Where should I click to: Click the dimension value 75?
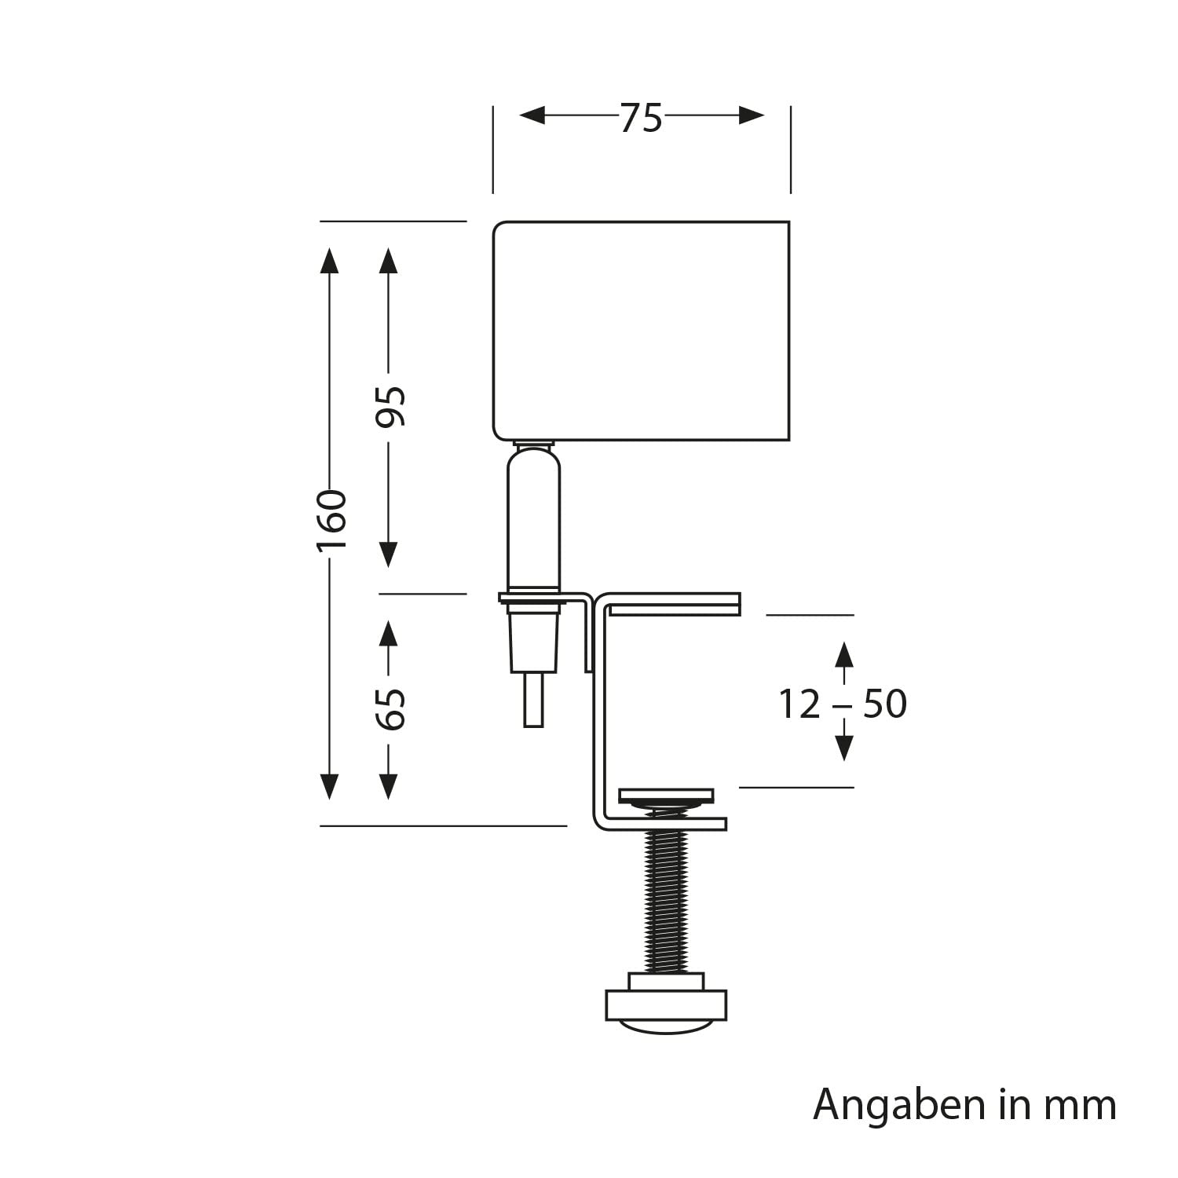tap(642, 118)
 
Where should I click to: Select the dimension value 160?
tap(331, 520)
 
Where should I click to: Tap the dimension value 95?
tap(390, 406)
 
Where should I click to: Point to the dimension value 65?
tap(390, 708)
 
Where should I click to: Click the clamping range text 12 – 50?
tap(842, 704)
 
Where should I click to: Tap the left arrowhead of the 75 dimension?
tap(532, 116)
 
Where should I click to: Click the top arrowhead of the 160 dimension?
tap(330, 260)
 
